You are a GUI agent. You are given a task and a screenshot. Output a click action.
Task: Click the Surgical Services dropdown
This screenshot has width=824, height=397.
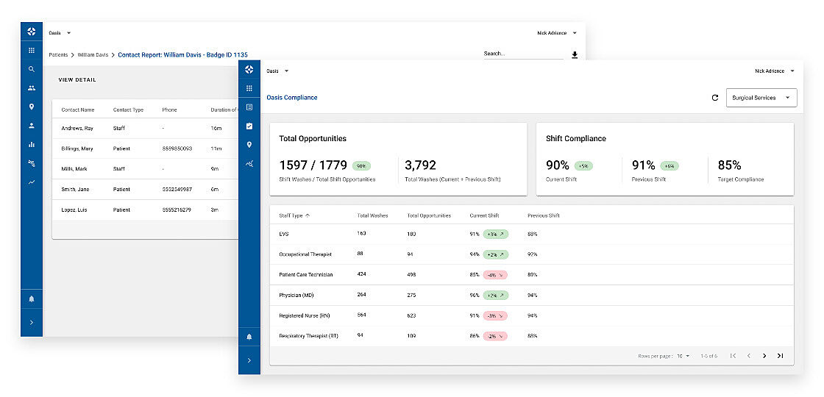pyautogui.click(x=761, y=98)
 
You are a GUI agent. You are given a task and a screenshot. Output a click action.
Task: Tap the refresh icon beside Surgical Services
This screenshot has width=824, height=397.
pyautogui.click(x=714, y=98)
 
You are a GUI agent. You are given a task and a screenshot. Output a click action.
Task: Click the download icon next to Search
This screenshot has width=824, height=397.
pyautogui.click(x=575, y=55)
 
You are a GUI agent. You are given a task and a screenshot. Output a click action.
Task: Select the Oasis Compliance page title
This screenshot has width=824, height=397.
pyautogui.click(x=291, y=98)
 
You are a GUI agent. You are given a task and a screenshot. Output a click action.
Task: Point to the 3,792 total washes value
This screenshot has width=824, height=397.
pyautogui.click(x=421, y=165)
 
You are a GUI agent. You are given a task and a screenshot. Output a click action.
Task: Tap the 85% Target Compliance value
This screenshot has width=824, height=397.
pyautogui.click(x=729, y=165)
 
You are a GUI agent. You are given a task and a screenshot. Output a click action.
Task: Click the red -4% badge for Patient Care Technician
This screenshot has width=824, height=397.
pyautogui.click(x=495, y=275)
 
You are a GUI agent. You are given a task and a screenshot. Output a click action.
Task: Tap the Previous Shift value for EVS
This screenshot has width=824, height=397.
pyautogui.click(x=533, y=234)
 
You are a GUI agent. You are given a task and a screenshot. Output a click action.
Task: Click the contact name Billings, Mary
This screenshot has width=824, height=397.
pyautogui.click(x=77, y=149)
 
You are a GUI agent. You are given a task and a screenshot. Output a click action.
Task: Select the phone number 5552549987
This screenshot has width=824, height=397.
pyautogui.click(x=177, y=190)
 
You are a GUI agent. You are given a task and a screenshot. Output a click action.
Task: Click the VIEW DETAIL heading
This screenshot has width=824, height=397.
pyautogui.click(x=77, y=80)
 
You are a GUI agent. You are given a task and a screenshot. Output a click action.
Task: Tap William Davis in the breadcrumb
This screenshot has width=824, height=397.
pyautogui.click(x=93, y=55)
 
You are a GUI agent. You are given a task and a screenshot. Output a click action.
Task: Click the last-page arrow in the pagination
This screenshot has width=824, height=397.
pyautogui.click(x=780, y=356)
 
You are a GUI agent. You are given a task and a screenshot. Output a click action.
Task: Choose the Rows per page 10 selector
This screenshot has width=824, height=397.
pyautogui.click(x=683, y=356)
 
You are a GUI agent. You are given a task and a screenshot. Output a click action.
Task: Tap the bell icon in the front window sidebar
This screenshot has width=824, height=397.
pyautogui.click(x=249, y=337)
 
